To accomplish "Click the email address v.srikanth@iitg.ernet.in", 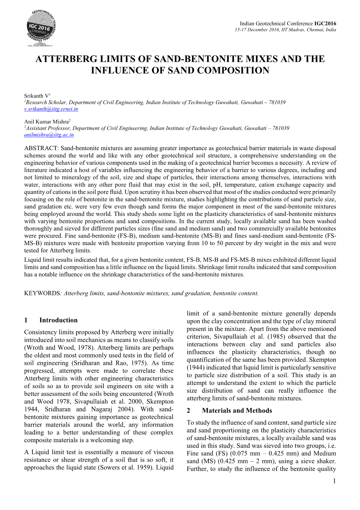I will coord(51,109).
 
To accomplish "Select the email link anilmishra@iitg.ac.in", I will coord(49,135).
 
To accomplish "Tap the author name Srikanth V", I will coord(37,96).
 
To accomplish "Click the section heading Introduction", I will coord(58,320).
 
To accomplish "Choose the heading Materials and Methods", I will coord(237,411).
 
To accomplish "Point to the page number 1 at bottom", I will coord(334,481).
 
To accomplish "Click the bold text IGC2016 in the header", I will coord(325,24).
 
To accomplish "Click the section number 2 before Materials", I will coord(188,411).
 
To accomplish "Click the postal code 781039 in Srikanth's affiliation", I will coord(277,102).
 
